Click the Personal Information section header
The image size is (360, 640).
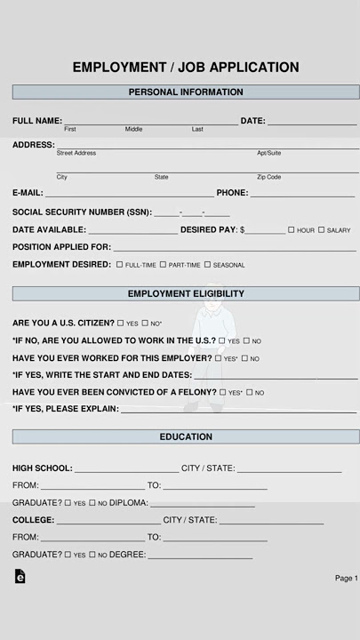tap(186, 92)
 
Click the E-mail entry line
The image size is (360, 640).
tap(129, 195)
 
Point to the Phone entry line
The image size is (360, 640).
tap(302, 195)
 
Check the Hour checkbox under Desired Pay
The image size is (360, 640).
tap(292, 230)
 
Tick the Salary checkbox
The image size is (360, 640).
tap(322, 230)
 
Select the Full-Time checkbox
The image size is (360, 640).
tap(120, 265)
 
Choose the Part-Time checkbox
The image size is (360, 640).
tap(164, 265)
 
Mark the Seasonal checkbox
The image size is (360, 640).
tap(208, 265)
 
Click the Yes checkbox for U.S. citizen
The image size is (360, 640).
tap(121, 324)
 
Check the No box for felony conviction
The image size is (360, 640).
tap(250, 392)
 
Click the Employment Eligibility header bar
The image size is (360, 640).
tap(186, 294)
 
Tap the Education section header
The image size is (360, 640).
tap(186, 436)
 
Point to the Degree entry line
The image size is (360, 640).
tap(200, 557)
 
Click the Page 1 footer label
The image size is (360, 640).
tap(346, 579)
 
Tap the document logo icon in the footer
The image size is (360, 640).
tap(20, 577)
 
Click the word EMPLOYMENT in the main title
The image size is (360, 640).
tap(119, 68)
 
